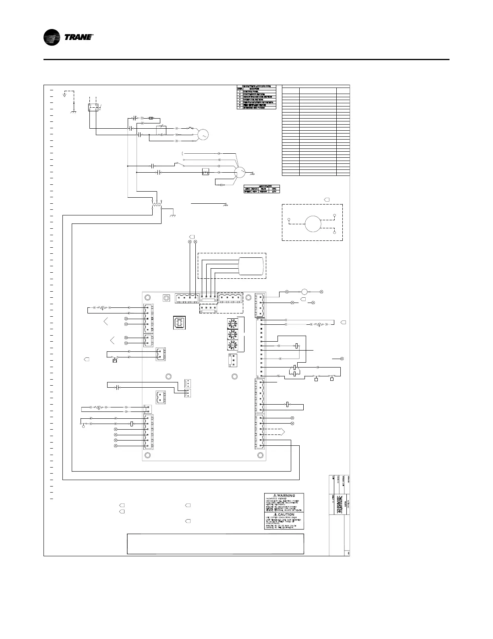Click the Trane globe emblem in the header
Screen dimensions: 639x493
point(53,38)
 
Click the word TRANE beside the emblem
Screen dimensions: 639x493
point(78,38)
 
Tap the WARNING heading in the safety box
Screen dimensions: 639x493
point(284,496)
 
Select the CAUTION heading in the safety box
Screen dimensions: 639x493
point(284,515)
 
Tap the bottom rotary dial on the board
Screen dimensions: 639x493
point(232,346)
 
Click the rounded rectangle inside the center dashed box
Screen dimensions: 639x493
point(251,267)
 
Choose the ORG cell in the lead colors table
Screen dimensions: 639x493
point(274,188)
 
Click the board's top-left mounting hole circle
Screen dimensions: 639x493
point(148,297)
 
